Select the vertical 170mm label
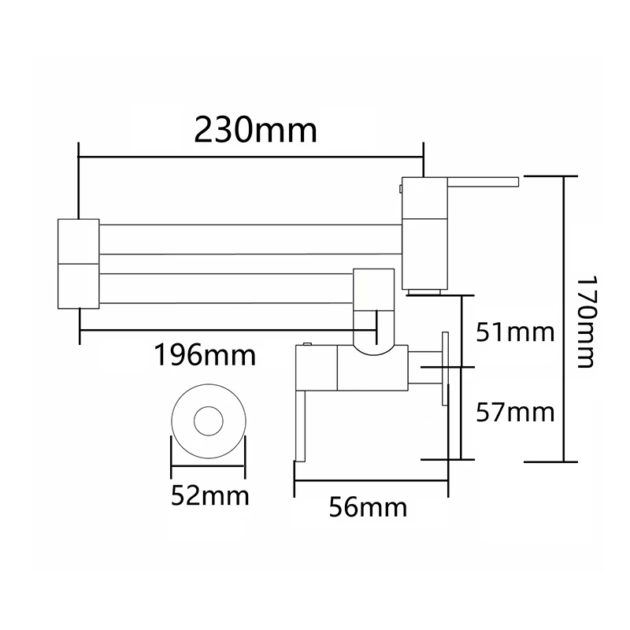pos(584,321)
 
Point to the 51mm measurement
pos(517,333)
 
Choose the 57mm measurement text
pos(517,411)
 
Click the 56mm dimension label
pos(367,508)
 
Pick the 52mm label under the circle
pos(209,497)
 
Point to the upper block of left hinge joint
pos(79,239)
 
